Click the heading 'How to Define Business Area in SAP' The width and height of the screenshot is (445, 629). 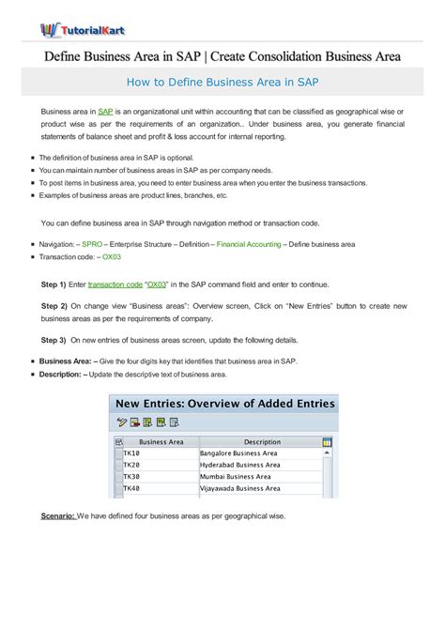point(222,82)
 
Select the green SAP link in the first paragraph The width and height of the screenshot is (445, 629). point(105,112)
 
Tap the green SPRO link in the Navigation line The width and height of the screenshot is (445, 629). point(93,244)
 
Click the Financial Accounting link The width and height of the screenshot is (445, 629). point(248,244)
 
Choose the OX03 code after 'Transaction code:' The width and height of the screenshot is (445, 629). point(112,256)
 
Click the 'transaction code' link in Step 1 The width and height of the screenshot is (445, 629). point(115,283)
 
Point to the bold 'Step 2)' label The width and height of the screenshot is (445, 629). point(54,306)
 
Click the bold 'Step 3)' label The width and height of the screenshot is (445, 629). point(54,340)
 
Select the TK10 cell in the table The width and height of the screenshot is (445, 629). point(132,453)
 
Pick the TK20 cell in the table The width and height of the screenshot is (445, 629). point(132,465)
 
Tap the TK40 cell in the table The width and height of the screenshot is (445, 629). point(132,488)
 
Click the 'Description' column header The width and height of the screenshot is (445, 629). point(262,441)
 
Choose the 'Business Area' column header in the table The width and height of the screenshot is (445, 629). point(161,441)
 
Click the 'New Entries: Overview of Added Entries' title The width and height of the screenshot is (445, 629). point(224,404)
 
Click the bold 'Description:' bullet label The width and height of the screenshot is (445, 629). point(61,374)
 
